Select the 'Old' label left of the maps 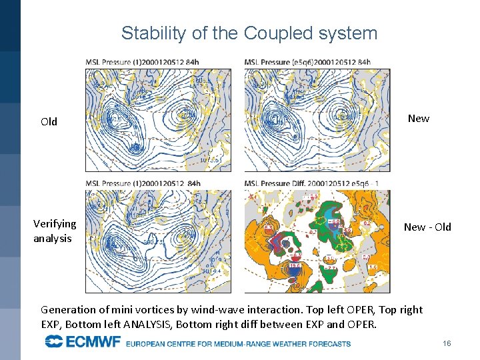49,121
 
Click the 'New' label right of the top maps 418,118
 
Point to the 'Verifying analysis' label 55,231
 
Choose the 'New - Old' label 427,227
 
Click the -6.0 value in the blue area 337,222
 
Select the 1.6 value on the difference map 372,266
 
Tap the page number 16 447,343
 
